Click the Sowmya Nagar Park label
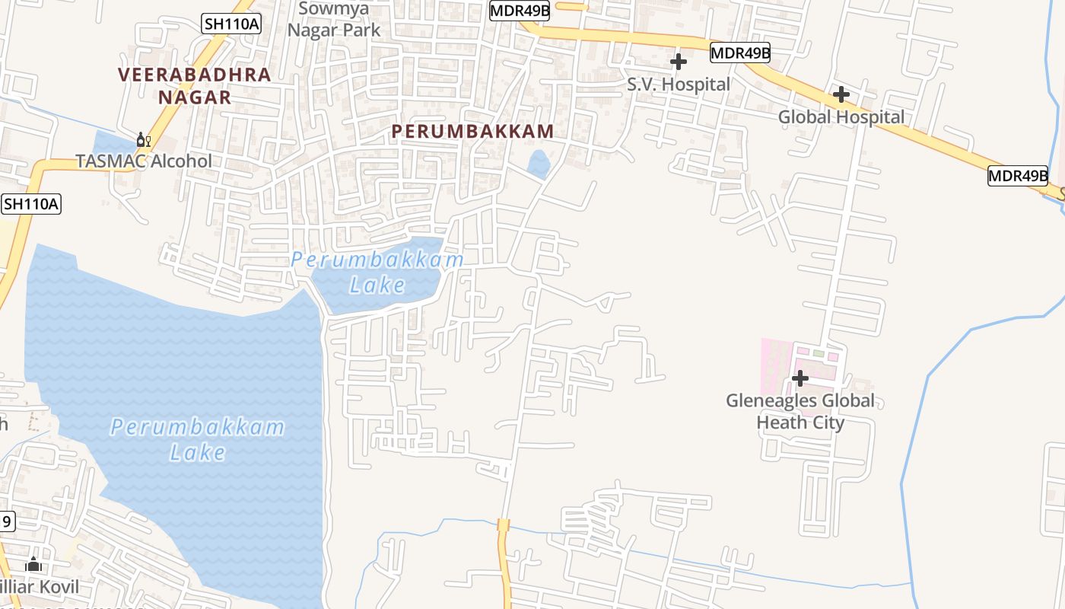(x=333, y=19)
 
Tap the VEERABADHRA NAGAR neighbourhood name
(x=195, y=86)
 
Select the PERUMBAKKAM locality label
(x=472, y=131)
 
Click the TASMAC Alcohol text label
(x=144, y=161)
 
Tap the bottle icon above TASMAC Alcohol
(x=143, y=140)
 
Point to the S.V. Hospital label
(x=679, y=84)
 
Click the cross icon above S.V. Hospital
(x=679, y=62)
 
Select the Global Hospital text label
(x=841, y=117)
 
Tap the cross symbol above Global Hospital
(x=841, y=94)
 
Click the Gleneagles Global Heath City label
(x=800, y=411)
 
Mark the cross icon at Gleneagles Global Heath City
(x=800, y=378)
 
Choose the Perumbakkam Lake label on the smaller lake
(x=378, y=272)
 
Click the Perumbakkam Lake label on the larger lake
(x=198, y=439)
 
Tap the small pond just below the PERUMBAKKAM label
(x=539, y=164)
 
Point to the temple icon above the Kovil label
(x=33, y=564)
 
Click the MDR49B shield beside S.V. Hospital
(x=740, y=53)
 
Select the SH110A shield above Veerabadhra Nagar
(x=232, y=24)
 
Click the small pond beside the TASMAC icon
(x=110, y=143)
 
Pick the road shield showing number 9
(x=6, y=521)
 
